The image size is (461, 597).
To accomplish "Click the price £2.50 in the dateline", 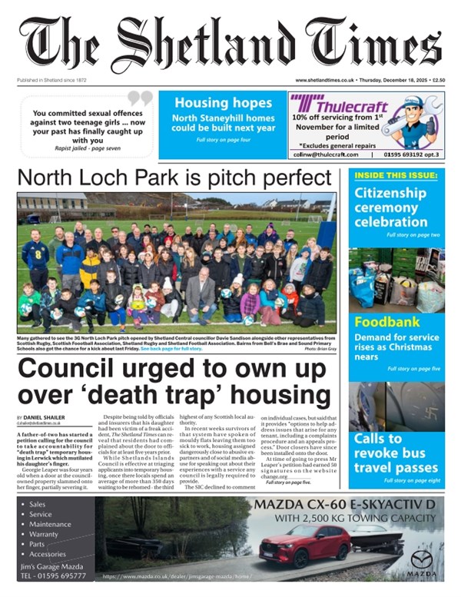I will point(438,80).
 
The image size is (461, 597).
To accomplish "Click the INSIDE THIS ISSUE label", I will point(396,176).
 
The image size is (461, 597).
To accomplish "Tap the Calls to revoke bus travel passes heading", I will point(396,453).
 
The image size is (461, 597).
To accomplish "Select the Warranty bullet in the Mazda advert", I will point(44,534).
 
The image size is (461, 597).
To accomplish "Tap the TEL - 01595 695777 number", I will point(54,575).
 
